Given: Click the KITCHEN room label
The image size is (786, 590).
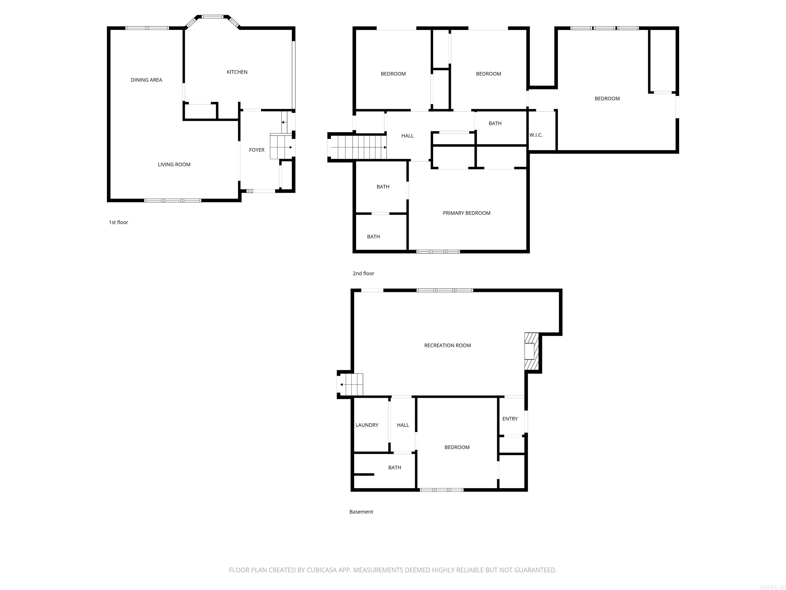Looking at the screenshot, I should click(x=237, y=72).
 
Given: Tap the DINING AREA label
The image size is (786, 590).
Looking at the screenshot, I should click(x=146, y=80).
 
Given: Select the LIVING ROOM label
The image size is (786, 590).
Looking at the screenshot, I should click(x=174, y=164).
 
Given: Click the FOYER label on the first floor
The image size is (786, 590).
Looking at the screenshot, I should click(x=257, y=150).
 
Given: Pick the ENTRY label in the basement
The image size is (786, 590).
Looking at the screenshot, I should click(x=510, y=419).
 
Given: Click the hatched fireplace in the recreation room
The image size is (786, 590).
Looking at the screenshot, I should click(x=532, y=351).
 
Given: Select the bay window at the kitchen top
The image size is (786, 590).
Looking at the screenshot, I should click(x=212, y=17).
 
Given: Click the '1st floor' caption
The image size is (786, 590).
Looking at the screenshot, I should click(x=118, y=222).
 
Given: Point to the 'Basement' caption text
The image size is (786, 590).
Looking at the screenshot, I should click(x=361, y=512).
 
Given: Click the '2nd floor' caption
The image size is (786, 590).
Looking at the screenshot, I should click(x=363, y=273).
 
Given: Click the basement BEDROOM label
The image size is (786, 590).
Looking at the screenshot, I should click(x=457, y=447).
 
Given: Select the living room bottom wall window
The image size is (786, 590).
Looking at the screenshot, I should click(x=173, y=201).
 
